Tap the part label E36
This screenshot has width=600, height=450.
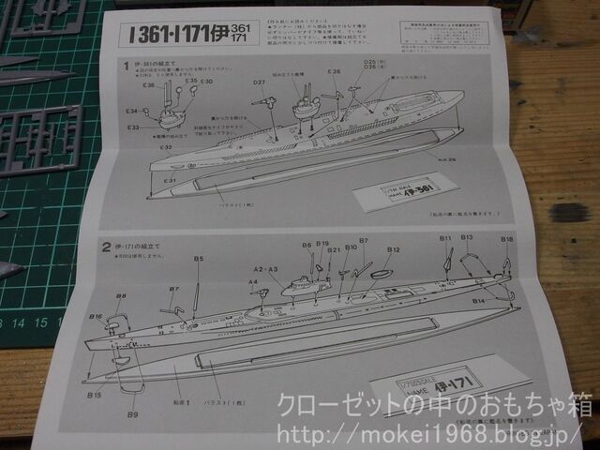tap(150, 85)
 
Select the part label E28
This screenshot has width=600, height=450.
tap(335, 72)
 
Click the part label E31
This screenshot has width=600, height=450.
tap(170, 179)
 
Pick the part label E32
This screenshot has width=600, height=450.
tap(165, 146)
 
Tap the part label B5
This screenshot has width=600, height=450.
tap(198, 258)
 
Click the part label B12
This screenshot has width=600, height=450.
tap(394, 249)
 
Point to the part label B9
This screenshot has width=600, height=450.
tap(132, 413)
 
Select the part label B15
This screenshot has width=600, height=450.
tap(95, 395)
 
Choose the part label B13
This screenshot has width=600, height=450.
tap(466, 238)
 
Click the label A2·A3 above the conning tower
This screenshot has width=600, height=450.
tap(266, 269)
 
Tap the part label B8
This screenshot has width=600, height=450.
tap(121, 296)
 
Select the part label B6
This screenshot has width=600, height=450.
tap(307, 246)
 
